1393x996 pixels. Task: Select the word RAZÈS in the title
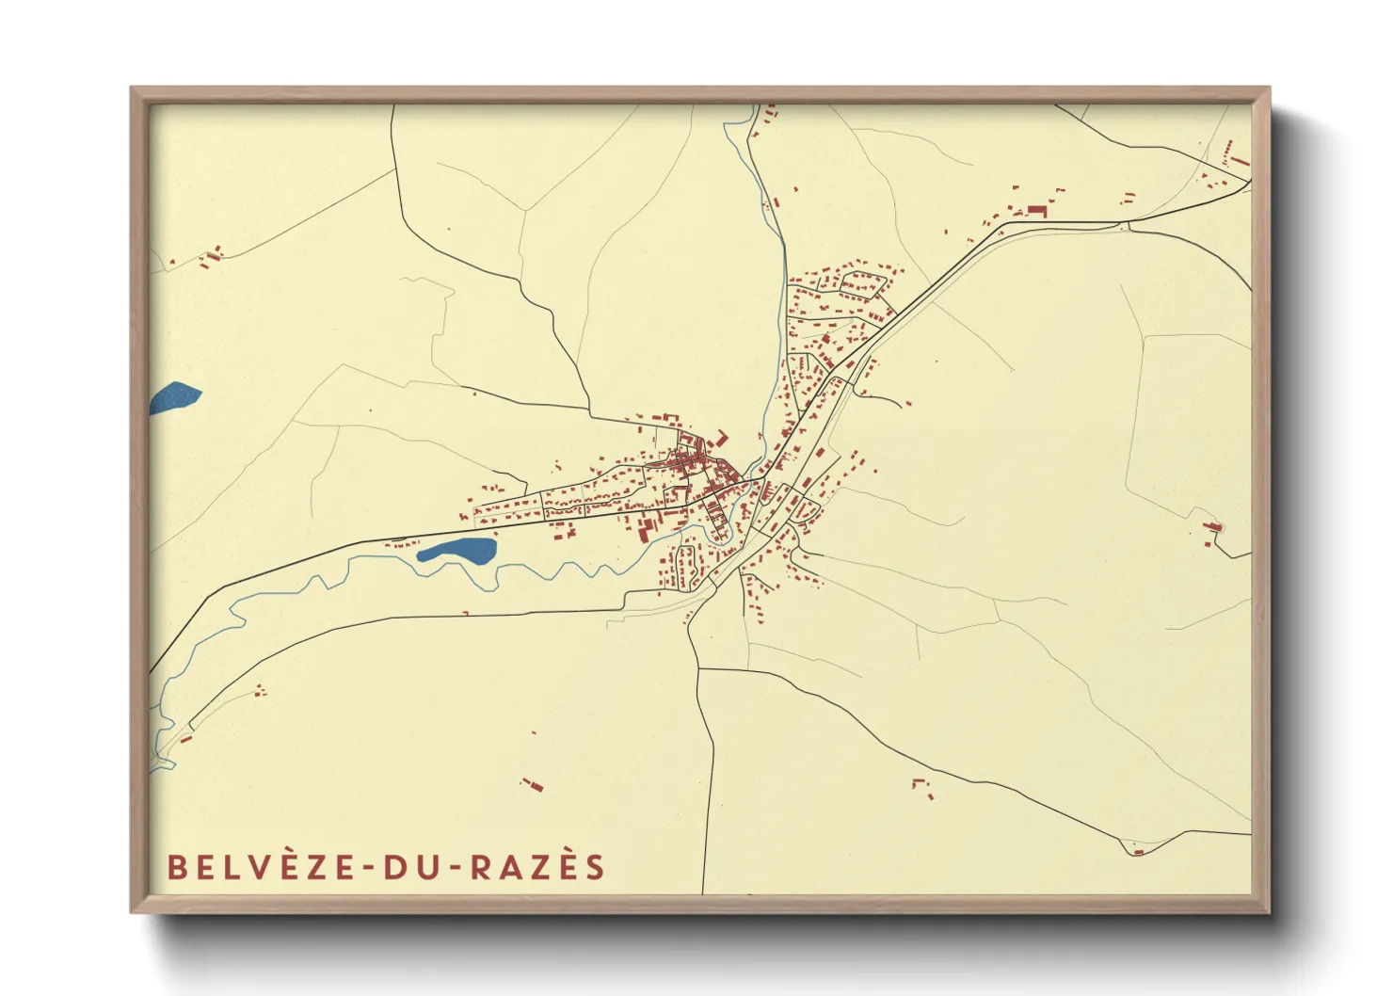(536, 867)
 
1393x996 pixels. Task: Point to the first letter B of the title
(176, 867)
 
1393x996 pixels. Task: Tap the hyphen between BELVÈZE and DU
(369, 868)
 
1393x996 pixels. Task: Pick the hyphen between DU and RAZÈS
(456, 868)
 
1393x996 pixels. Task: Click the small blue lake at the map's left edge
(174, 397)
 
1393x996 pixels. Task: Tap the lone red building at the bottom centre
(533, 784)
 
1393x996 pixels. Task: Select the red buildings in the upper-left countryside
(212, 255)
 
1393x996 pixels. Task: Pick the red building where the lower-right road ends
(1138, 851)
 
